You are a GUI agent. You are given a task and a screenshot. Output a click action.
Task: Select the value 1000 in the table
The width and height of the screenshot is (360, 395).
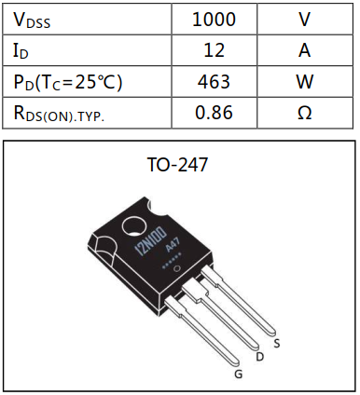click(x=214, y=19)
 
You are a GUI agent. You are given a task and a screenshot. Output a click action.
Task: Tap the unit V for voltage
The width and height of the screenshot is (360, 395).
click(x=304, y=19)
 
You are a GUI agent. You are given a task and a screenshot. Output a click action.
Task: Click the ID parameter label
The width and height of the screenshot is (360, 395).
click(x=23, y=50)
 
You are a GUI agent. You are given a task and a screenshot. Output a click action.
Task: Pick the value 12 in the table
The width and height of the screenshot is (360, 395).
click(x=214, y=50)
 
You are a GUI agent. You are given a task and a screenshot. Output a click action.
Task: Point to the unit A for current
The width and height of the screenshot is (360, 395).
click(x=304, y=50)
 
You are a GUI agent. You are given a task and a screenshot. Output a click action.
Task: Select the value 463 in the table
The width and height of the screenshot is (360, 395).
click(x=214, y=82)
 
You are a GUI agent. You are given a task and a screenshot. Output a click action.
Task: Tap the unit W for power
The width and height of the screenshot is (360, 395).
click(x=304, y=82)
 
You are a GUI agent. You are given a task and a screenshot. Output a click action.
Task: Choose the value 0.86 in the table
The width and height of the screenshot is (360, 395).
click(x=214, y=114)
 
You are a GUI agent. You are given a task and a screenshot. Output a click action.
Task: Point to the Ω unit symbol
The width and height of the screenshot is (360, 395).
click(x=304, y=114)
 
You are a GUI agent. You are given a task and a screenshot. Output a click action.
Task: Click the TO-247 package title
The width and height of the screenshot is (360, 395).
click(x=177, y=165)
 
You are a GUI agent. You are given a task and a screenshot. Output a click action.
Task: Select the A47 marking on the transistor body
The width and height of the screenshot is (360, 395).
click(x=173, y=252)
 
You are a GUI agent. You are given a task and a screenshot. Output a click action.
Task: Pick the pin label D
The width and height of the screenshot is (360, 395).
click(x=259, y=356)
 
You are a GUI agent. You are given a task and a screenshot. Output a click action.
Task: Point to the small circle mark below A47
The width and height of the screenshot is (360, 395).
click(x=190, y=270)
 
